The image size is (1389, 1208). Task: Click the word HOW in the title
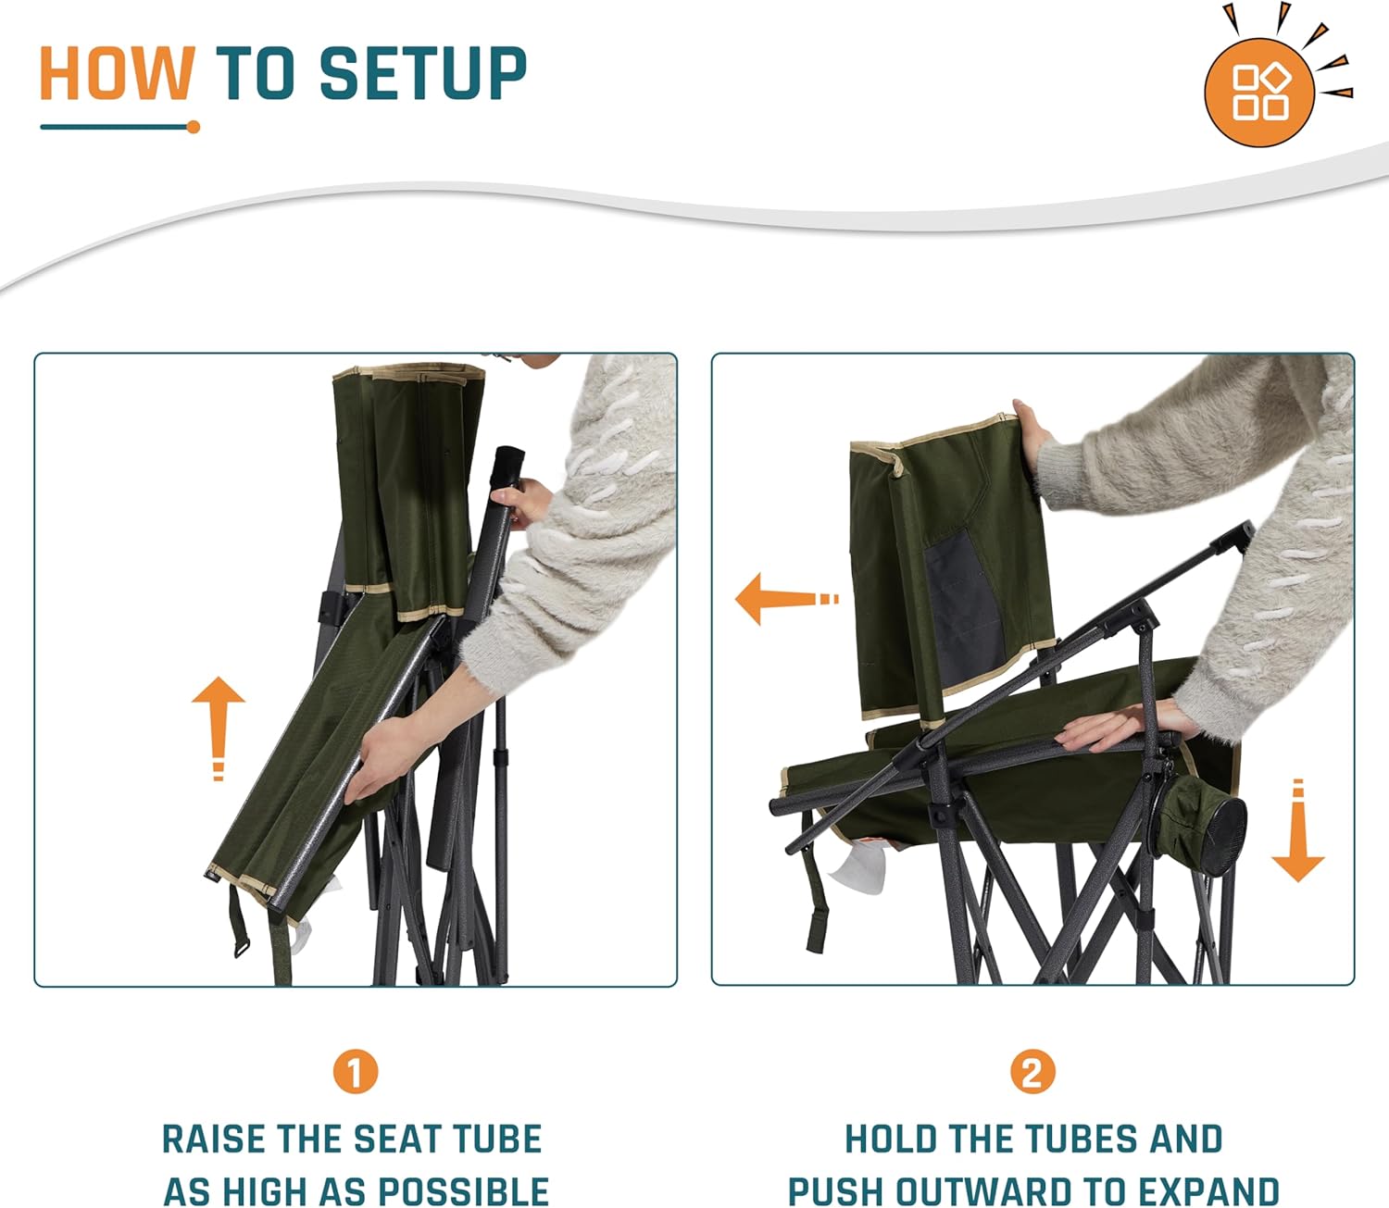pyautogui.click(x=116, y=73)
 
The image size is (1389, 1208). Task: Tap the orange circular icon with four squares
pyautogui.click(x=1260, y=92)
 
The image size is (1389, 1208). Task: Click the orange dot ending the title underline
pyautogui.click(x=194, y=127)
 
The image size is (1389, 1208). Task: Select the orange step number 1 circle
pyautogui.click(x=356, y=1072)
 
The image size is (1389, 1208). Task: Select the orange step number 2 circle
pyautogui.click(x=1032, y=1072)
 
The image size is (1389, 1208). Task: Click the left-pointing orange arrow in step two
pyautogui.click(x=785, y=599)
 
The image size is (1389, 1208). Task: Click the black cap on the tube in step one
pyautogui.click(x=508, y=460)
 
